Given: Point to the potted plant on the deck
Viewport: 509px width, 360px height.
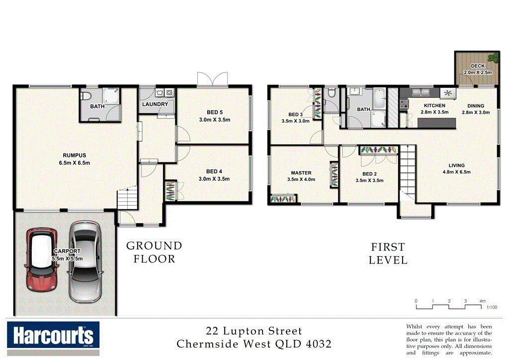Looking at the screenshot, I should (x=494, y=57).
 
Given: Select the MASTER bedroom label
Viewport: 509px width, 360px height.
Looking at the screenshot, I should (x=301, y=173).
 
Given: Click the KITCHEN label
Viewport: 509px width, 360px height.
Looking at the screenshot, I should (x=434, y=106).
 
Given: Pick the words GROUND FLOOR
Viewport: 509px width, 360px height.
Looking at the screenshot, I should (x=154, y=252).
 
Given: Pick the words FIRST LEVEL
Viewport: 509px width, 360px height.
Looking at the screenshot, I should (x=388, y=253).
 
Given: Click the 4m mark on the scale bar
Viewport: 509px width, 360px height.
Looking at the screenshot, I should (x=482, y=301).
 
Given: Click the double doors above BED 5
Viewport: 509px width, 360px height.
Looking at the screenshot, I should (x=212, y=79).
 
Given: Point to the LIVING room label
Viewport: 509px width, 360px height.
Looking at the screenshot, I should (x=456, y=166).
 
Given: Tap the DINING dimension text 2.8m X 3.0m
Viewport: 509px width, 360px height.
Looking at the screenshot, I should (x=476, y=112).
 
